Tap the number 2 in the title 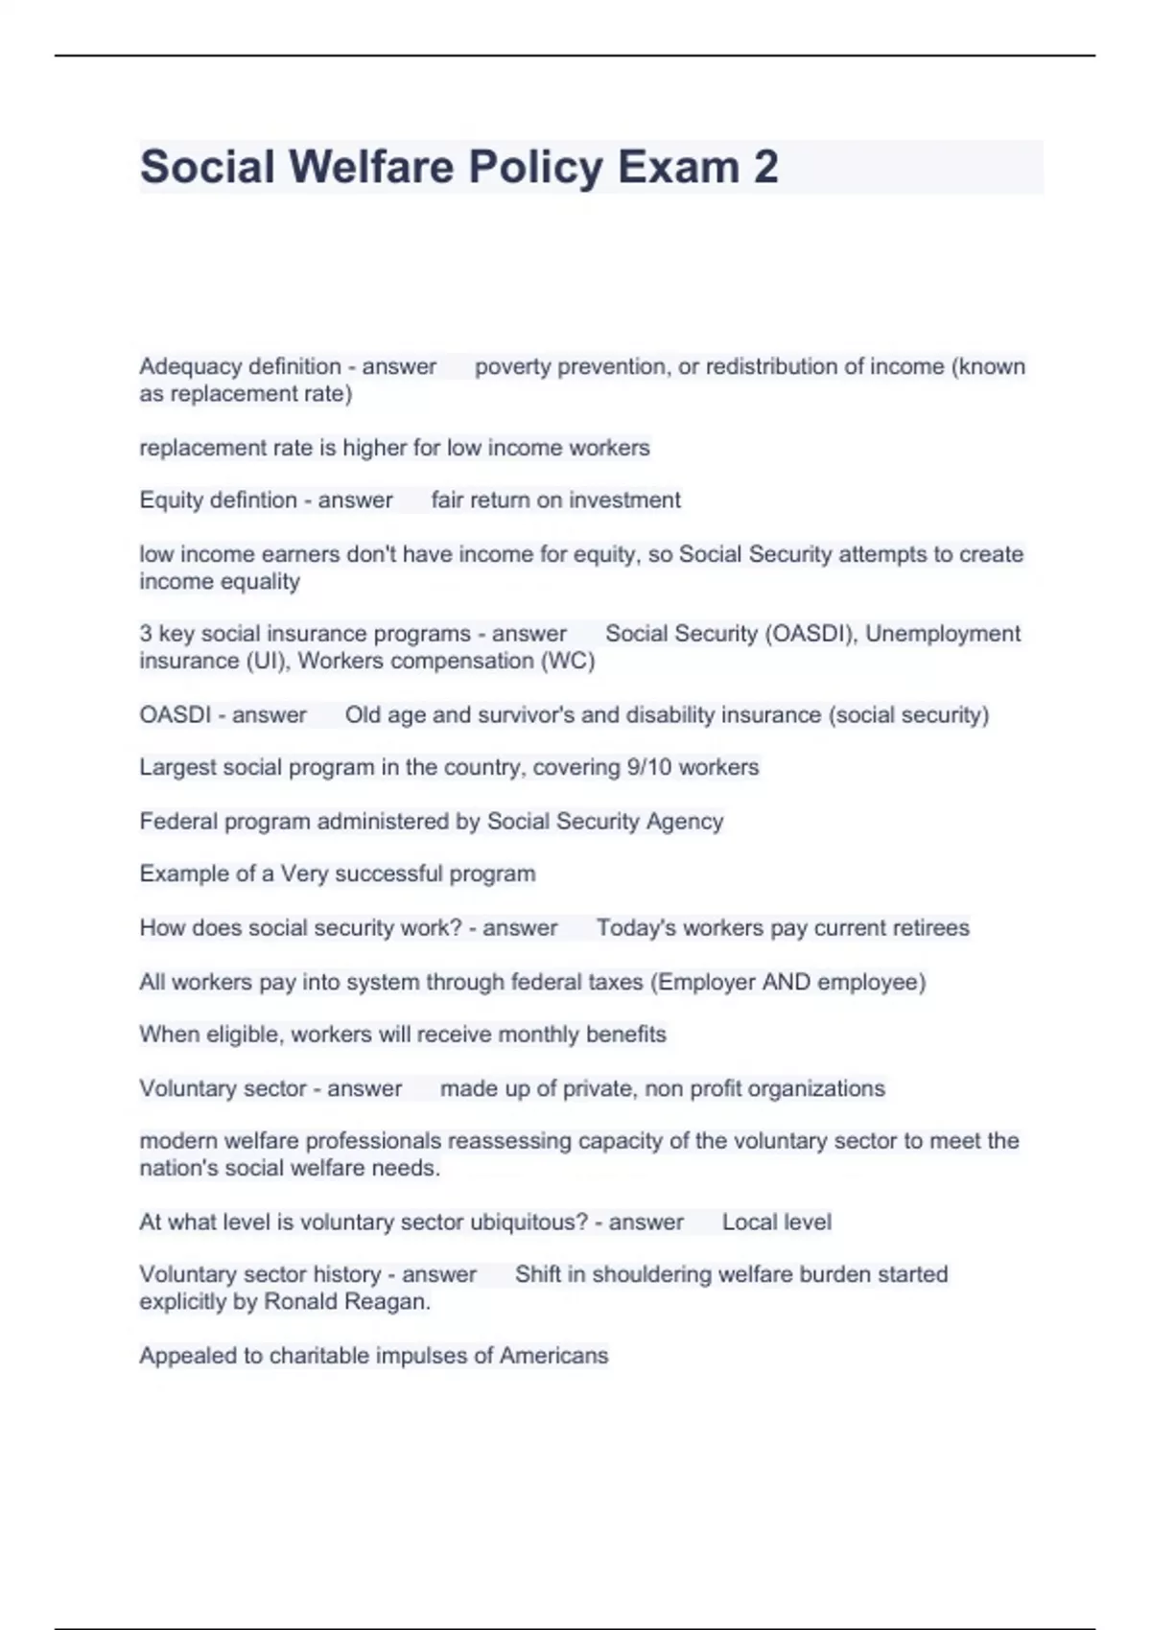point(765,167)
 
